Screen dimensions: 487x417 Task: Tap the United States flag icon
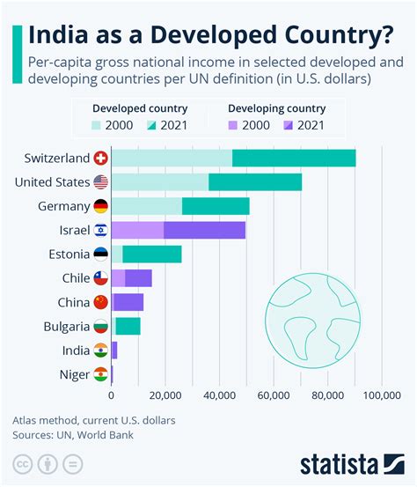(101, 182)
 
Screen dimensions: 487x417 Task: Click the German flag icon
(101, 206)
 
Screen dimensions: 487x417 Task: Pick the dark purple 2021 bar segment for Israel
(204, 231)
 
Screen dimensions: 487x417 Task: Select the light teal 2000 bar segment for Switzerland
(172, 159)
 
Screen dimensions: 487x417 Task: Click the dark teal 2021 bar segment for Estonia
(151, 255)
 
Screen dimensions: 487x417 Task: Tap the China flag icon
(101, 302)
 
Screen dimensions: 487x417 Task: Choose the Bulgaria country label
(66, 327)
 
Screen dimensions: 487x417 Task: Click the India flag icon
(101, 350)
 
